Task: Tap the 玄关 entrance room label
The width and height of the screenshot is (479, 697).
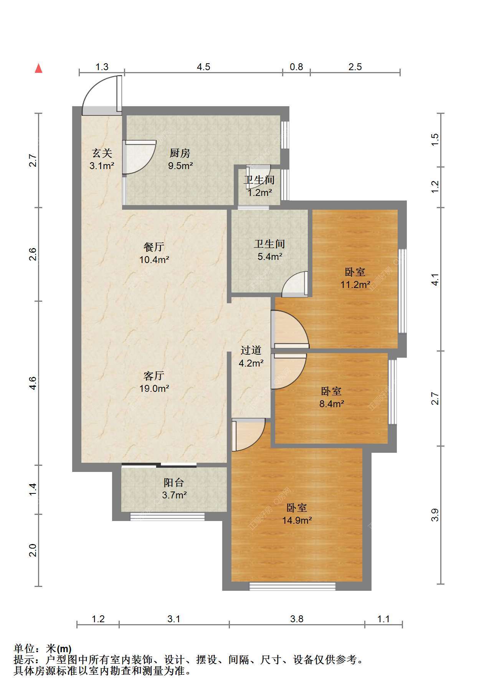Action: point(102,153)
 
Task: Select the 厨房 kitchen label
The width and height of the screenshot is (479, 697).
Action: point(180,153)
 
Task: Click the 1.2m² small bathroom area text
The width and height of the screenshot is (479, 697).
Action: point(260,192)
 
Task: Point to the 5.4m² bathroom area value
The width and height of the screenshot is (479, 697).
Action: point(270,256)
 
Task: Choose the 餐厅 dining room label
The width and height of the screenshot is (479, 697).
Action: point(154,247)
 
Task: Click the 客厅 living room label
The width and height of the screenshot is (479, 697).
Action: point(154,375)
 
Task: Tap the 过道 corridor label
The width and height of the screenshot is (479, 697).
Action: point(251,350)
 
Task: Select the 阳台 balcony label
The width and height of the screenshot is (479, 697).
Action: point(174,482)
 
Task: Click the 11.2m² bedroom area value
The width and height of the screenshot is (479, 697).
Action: point(355,284)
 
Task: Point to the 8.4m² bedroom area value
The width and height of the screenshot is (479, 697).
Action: point(332,404)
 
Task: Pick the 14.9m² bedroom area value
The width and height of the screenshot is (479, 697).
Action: point(297,520)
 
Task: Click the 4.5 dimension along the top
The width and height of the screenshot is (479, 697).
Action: point(203,67)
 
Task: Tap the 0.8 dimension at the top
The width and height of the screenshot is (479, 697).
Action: point(296,67)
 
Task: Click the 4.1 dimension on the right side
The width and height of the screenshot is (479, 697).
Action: point(435,279)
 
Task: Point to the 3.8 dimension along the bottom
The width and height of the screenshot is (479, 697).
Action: point(297,619)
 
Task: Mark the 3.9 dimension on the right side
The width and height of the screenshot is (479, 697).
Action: point(435,515)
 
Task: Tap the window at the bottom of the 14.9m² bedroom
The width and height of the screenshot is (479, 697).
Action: point(292,586)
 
